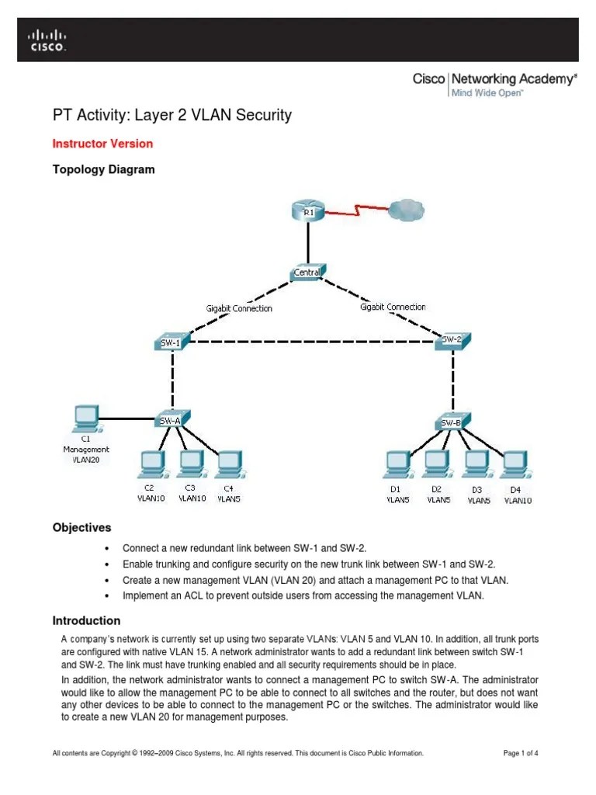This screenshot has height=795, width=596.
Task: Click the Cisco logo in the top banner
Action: click(x=47, y=40)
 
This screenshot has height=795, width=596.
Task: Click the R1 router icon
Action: click(x=309, y=211)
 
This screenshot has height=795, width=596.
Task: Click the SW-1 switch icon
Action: click(x=171, y=342)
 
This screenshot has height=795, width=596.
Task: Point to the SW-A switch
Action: click(x=171, y=419)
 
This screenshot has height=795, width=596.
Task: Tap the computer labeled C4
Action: click(x=227, y=464)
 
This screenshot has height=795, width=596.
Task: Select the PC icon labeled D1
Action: click(x=395, y=465)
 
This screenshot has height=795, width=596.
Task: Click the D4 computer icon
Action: click(x=514, y=465)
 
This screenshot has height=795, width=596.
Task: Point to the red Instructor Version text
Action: click(x=102, y=144)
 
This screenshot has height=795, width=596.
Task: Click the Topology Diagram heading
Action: click(x=103, y=169)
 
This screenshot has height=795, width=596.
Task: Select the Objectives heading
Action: click(x=81, y=527)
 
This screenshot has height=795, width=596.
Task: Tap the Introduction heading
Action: click(x=86, y=620)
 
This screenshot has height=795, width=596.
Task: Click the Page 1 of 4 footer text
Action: click(x=521, y=753)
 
